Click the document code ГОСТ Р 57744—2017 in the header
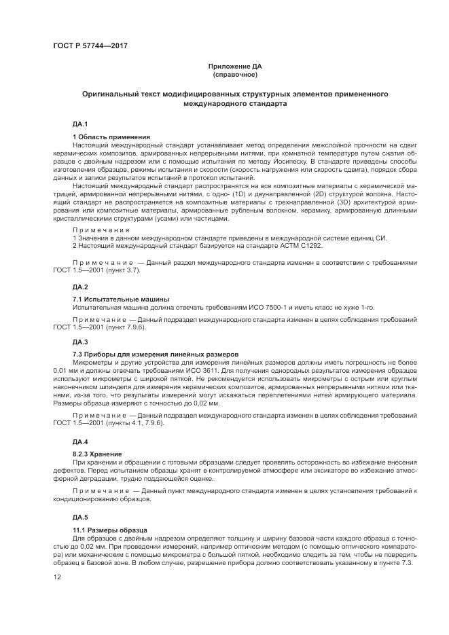click(x=90, y=46)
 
